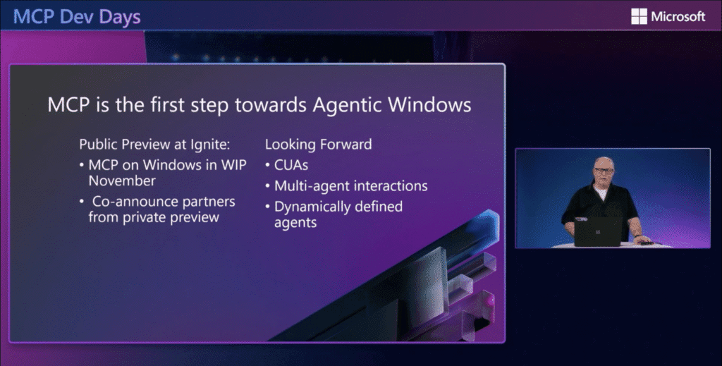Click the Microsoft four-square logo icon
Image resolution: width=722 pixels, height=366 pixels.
coord(639,17)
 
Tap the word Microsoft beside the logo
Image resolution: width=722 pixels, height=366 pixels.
coord(678,17)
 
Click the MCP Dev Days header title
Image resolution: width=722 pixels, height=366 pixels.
coord(77,17)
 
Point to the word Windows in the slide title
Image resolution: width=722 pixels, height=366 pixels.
coord(429,104)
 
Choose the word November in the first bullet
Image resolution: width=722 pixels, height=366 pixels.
coord(122,181)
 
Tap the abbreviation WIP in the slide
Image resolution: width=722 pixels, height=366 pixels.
coord(234,165)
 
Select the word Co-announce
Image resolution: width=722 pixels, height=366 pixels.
coord(130,202)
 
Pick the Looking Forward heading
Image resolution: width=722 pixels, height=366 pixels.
coord(318,145)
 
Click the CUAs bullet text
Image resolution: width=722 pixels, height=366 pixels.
coord(291,165)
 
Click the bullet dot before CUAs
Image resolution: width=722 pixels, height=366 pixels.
coord(267,165)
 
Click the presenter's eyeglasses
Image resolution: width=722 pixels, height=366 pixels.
coord(604,171)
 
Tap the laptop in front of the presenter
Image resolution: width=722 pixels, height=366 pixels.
coord(598,231)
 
